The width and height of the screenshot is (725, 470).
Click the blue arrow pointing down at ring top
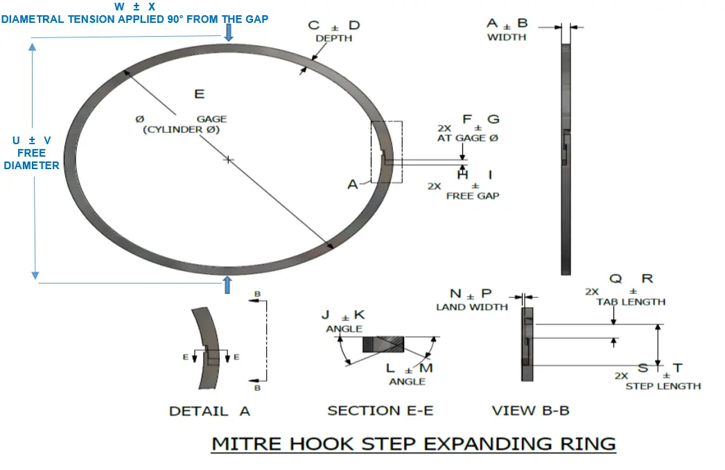(x=229, y=33)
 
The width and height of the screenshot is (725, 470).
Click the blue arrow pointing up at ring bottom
(x=227, y=284)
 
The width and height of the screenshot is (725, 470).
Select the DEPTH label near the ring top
(x=334, y=39)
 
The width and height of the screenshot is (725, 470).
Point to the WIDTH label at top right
(x=507, y=37)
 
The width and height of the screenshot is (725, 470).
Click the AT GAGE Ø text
(x=468, y=139)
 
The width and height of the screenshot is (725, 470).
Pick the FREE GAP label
(x=472, y=196)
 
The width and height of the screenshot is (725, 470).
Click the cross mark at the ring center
(x=229, y=159)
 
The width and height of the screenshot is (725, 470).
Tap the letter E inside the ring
(x=200, y=94)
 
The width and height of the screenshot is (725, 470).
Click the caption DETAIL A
(x=209, y=411)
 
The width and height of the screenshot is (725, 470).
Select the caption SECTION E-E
(x=380, y=411)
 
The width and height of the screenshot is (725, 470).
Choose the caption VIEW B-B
(x=530, y=411)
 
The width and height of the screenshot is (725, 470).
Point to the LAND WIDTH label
(x=471, y=307)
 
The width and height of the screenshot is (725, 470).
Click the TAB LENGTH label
(x=631, y=302)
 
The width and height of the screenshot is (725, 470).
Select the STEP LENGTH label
(x=663, y=386)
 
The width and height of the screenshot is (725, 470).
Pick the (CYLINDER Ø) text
(x=181, y=130)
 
